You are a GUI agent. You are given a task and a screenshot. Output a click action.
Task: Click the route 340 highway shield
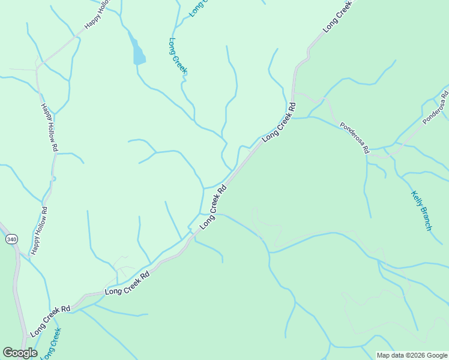coord(11,239)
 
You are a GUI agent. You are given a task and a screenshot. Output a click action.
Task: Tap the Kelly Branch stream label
coord(421,211)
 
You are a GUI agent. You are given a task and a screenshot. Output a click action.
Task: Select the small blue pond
coord(138,53)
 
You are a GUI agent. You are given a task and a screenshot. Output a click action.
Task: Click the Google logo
coord(20,353)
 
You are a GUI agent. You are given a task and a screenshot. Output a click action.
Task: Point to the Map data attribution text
coord(411,355)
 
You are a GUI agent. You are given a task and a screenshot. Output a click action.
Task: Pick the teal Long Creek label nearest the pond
coord(178,57)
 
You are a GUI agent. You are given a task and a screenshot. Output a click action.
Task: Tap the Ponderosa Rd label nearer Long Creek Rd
coord(354,138)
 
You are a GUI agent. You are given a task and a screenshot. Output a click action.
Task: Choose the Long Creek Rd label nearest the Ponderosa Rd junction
coord(279,122)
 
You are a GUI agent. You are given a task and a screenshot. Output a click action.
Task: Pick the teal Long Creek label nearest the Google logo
coord(51,343)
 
